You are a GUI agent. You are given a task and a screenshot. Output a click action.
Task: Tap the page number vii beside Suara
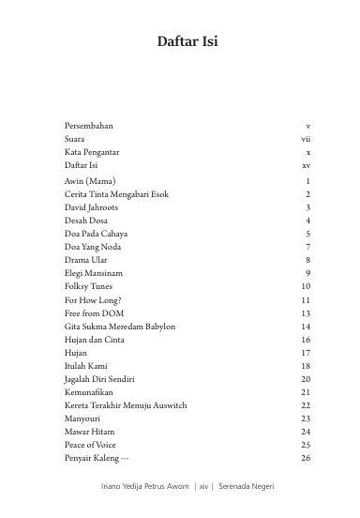pos(306,138)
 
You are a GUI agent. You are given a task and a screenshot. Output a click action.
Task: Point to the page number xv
pos(306,164)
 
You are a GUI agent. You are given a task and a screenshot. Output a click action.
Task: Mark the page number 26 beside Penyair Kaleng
pos(306,458)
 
